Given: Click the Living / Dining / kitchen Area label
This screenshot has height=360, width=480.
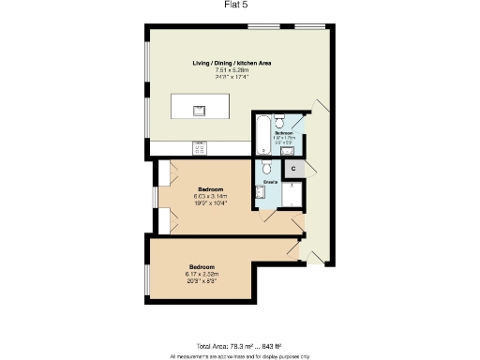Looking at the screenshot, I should coord(232,63).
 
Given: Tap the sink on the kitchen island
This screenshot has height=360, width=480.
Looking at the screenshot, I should coord(199,110).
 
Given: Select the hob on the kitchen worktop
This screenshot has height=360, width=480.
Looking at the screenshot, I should coord(199,147).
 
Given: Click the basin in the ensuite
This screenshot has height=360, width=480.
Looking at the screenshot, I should coord(260,191).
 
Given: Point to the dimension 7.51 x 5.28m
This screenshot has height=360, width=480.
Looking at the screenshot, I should coord(232,70).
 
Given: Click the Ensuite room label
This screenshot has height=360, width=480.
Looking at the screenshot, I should coord(269,181).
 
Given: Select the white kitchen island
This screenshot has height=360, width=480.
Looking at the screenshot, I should coord(202,109).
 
